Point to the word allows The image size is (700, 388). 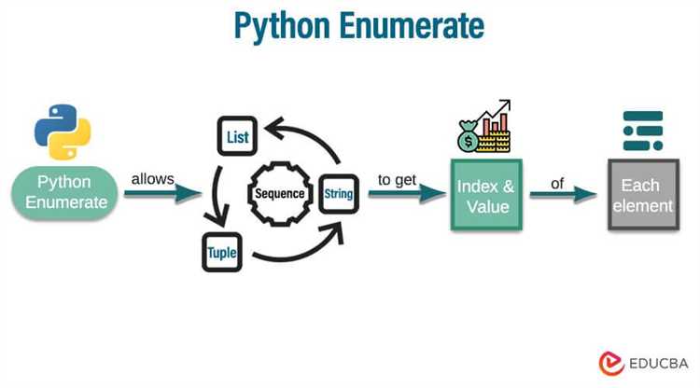tap(153, 177)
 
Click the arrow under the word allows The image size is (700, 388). tap(162, 194)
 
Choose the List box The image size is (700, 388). tap(236, 136)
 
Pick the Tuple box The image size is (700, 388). tap(222, 252)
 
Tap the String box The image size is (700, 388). tap(338, 193)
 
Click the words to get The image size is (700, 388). tap(398, 178)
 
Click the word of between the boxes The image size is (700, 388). tap(557, 184)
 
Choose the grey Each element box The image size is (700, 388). tap(642, 195)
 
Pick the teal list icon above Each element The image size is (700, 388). tap(642, 131)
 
